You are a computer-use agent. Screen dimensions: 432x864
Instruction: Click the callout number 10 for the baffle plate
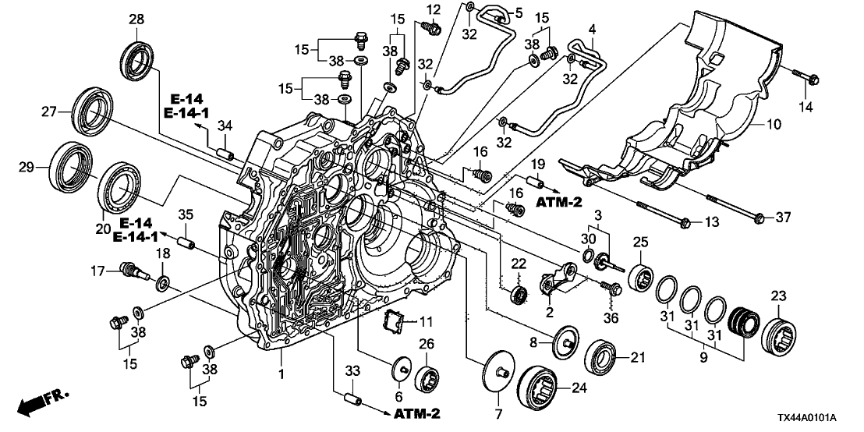(x=774, y=124)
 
